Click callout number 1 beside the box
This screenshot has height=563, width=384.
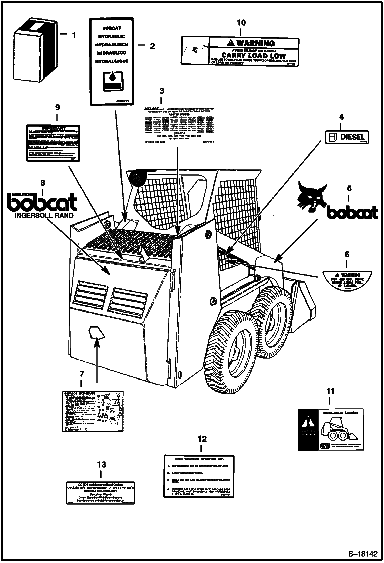pyautogui.click(x=74, y=35)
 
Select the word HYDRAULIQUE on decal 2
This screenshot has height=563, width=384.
pyautogui.click(x=112, y=61)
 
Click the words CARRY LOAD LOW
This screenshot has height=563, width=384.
pyautogui.click(x=253, y=55)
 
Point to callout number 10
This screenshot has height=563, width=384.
pyautogui.click(x=241, y=23)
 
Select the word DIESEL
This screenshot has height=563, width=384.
pyautogui.click(x=352, y=137)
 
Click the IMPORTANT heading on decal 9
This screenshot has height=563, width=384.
pyautogui.click(x=53, y=128)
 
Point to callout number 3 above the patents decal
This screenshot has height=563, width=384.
pyautogui.click(x=162, y=91)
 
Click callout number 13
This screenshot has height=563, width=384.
pyautogui.click(x=101, y=464)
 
